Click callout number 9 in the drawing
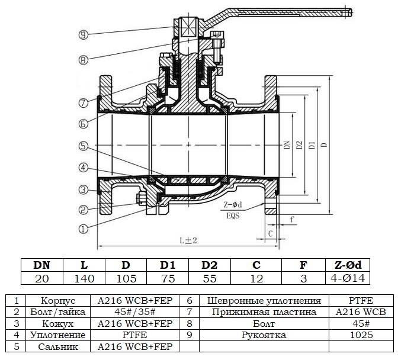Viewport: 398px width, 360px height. (84, 34)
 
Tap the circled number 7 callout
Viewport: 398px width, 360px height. (84, 102)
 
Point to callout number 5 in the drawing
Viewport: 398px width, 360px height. (84, 146)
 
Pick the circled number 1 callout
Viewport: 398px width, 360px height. (84, 227)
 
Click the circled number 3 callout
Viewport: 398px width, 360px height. (84, 189)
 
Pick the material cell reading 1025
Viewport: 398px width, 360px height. (361, 335)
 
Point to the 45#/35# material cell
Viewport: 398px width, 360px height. (134, 312)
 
